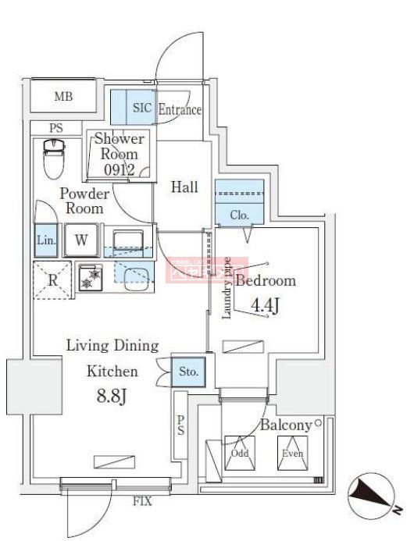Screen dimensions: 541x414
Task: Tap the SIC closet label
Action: point(141,109)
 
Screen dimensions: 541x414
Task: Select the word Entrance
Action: point(180,110)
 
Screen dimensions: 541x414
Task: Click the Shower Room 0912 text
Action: point(119,154)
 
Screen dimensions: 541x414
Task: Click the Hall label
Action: point(184,187)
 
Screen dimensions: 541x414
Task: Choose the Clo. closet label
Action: point(239,215)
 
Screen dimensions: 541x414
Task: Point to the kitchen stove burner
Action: point(94,277)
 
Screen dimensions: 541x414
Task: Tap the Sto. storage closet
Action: point(187,372)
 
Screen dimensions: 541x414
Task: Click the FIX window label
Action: point(141,500)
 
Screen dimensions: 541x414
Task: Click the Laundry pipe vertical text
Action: point(226,289)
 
